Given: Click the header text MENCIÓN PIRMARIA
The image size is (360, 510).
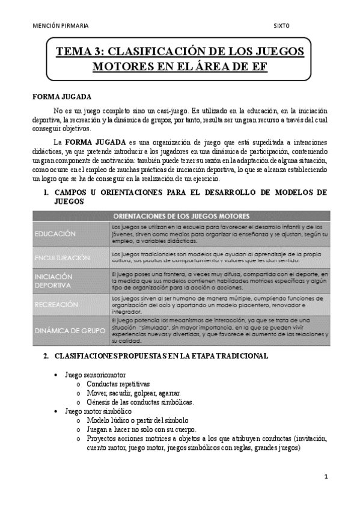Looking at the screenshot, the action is pos(61,26).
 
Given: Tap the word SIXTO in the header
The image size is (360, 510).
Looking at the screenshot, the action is pos(281,26).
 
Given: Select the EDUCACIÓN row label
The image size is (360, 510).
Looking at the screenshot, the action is pos(55,233).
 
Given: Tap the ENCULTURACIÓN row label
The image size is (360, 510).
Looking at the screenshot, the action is pos(62,257).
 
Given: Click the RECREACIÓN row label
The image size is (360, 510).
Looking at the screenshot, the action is pos(56,305).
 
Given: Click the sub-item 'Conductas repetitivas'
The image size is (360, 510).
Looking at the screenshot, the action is pos(118,384).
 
